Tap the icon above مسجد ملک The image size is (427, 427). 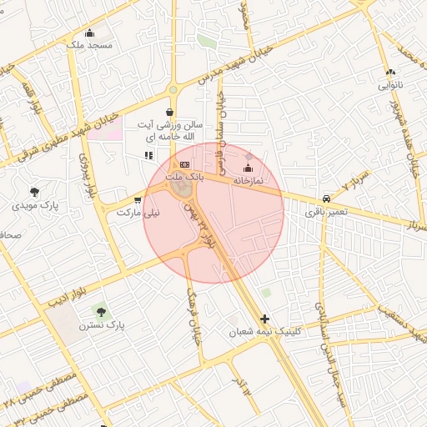tap(90, 33)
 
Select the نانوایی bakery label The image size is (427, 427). tap(390, 85)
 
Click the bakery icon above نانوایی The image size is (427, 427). tap(390, 73)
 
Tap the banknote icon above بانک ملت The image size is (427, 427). tap(184, 165)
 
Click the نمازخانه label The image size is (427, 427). tap(248, 180)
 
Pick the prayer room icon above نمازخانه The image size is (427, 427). tap(248, 169)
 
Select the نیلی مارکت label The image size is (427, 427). tap(138, 213)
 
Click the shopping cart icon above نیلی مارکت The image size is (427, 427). tap(138, 200)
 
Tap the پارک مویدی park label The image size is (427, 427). tap(35, 204)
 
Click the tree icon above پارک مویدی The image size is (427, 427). tap(34, 192)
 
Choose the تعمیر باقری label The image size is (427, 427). tap(324, 213)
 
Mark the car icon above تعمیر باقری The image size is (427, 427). tap(326, 200)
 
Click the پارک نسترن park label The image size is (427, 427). tap(101, 324)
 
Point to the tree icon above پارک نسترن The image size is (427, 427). tap(101, 311)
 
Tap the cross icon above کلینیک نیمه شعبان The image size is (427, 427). tap(265, 319)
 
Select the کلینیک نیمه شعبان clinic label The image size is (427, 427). tap(264, 331)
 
